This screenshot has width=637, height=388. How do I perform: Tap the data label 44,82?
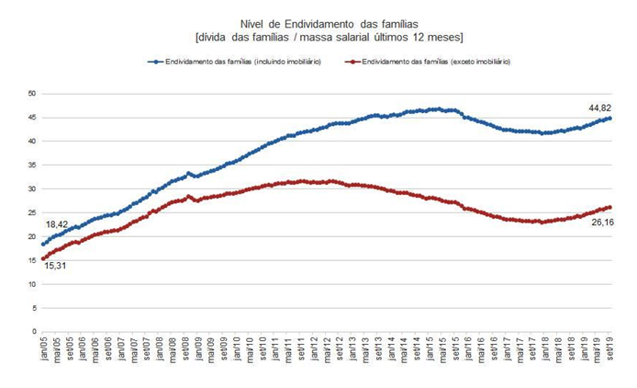click(602, 108)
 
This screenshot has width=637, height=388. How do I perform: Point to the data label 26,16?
click(602, 222)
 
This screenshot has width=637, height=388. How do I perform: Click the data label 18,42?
click(58, 224)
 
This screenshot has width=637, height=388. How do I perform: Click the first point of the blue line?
click(43, 244)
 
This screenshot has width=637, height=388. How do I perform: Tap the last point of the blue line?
click(610, 119)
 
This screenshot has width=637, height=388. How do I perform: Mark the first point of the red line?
click(43, 258)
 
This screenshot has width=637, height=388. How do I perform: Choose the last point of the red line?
click(610, 207)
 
